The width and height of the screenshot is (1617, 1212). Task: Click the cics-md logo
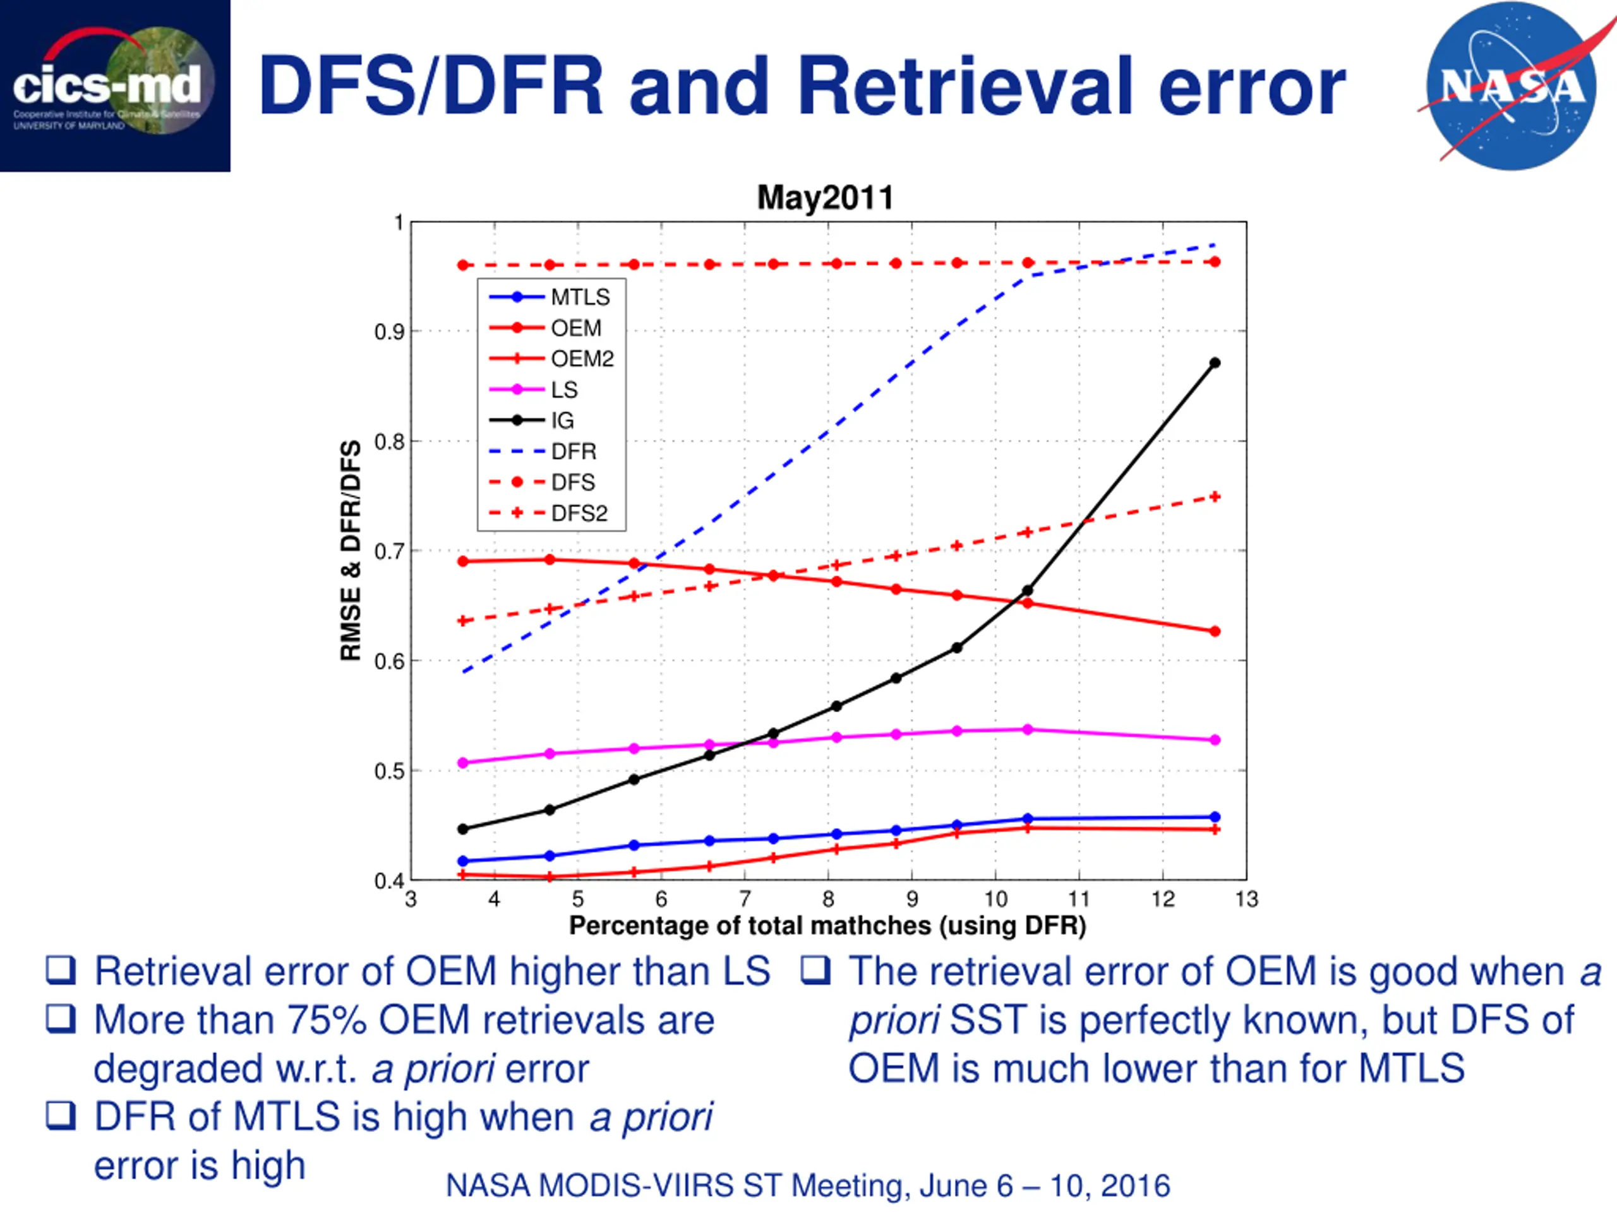(115, 85)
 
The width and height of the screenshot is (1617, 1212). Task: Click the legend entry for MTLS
(580, 297)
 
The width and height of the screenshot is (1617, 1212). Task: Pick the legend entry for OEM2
(582, 359)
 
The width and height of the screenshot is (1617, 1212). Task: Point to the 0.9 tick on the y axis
(389, 331)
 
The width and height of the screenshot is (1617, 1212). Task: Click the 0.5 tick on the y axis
(389, 771)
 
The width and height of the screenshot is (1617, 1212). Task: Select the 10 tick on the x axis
(995, 900)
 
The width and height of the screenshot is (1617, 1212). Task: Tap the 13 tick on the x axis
(1246, 900)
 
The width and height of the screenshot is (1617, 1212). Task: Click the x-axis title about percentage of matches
(827, 925)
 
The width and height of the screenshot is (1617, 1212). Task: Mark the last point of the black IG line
(1215, 363)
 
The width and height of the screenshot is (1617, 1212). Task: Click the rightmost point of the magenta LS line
(1215, 740)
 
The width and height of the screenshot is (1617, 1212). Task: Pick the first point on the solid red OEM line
(463, 561)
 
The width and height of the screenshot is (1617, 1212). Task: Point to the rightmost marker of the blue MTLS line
(1215, 817)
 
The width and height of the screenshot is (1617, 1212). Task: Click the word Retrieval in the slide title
(965, 86)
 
